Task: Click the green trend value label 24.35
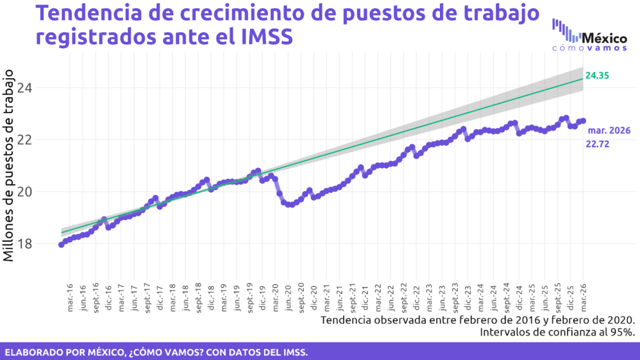point(597,76)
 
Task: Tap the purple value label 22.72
point(597,144)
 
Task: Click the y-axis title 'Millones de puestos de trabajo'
point(11,166)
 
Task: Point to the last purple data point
point(583,121)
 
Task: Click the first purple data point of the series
point(61,244)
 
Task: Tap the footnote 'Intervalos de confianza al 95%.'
point(557,332)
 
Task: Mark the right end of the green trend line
point(582,79)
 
